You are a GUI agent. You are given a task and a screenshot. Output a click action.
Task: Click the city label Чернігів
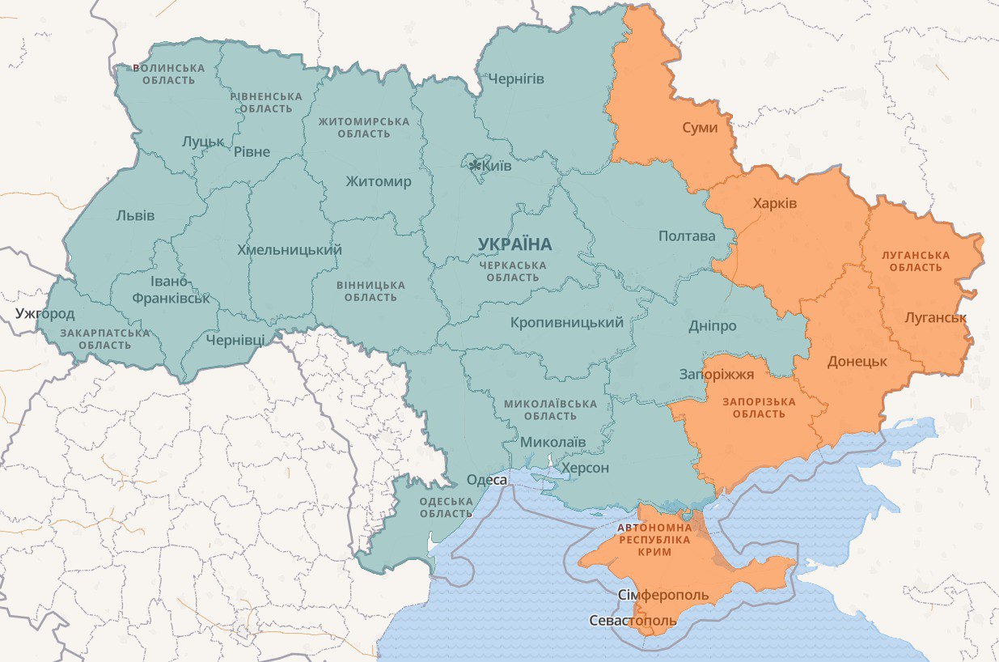click(516, 79)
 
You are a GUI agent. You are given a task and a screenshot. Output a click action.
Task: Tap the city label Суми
click(700, 128)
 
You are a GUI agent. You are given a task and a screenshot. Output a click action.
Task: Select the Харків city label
click(774, 202)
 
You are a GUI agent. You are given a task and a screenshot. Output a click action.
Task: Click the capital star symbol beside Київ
click(475, 166)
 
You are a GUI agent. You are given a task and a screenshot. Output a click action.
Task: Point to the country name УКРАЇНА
click(514, 244)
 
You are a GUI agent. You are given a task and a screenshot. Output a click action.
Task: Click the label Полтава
click(687, 236)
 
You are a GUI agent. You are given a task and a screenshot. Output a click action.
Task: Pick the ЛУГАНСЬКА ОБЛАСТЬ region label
click(916, 261)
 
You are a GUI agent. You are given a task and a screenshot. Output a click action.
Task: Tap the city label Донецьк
click(857, 362)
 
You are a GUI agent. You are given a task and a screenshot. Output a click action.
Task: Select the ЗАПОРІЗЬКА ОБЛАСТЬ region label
click(759, 408)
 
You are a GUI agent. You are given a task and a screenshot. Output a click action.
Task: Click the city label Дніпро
click(712, 326)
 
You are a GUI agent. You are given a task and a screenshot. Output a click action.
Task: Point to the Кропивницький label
click(567, 323)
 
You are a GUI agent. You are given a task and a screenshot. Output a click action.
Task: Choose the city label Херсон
click(585, 468)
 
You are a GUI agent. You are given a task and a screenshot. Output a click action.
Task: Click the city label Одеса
click(487, 481)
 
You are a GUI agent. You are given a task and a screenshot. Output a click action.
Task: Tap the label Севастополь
click(633, 621)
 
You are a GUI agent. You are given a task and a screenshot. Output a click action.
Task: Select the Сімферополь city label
click(663, 596)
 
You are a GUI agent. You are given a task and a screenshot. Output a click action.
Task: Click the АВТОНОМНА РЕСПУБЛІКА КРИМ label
click(654, 539)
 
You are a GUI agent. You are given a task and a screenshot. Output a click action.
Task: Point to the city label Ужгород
click(44, 314)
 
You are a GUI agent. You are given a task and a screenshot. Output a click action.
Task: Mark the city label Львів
click(135, 215)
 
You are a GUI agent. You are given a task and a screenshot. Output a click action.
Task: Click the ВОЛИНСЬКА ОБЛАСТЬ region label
click(168, 74)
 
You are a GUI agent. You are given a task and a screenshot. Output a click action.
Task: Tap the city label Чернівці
click(235, 340)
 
